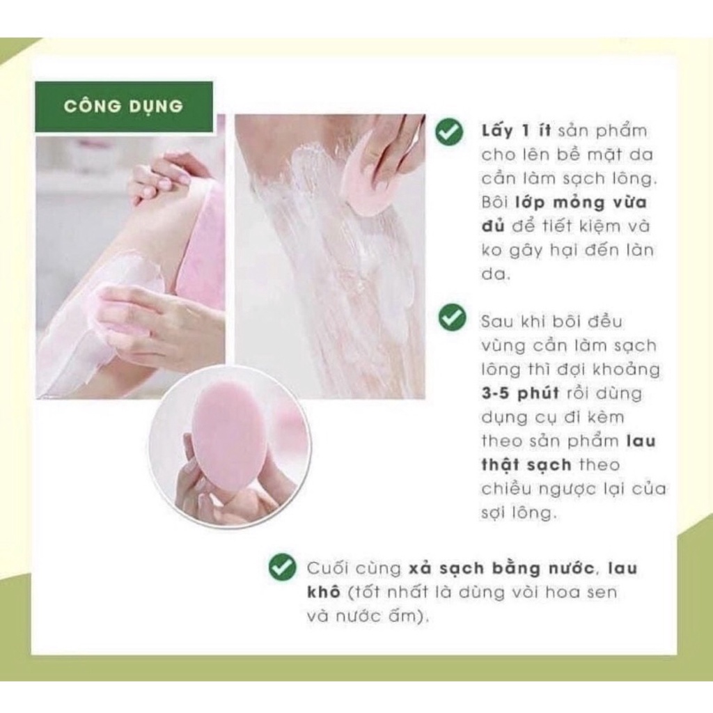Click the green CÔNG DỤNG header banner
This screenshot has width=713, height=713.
pyautogui.click(x=124, y=107)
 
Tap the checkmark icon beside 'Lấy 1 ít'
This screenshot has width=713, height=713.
pyautogui.click(x=450, y=131)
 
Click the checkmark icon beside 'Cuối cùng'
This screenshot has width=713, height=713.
pyautogui.click(x=282, y=567)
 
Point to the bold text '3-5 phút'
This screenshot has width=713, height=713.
pyautogui.click(x=520, y=393)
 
